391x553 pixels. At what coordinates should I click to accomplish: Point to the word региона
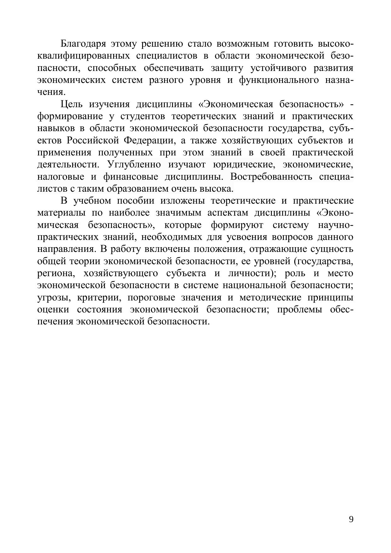click(56, 273)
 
